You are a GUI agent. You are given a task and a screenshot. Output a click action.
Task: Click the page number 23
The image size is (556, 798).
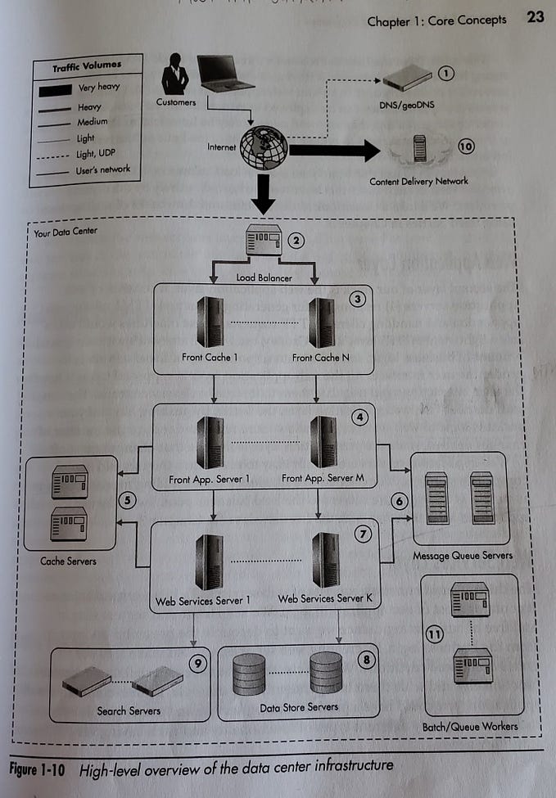point(535,17)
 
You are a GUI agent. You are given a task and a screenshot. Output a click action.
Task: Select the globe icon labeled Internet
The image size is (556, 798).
point(264,148)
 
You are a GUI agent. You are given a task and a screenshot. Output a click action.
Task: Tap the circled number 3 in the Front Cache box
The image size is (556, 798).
point(357,299)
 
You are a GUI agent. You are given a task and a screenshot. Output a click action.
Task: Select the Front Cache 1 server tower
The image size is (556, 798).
point(210,322)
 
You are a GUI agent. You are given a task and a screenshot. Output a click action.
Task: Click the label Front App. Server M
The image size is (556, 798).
point(323,479)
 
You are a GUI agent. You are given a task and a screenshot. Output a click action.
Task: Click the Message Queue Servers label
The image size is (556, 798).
point(463,556)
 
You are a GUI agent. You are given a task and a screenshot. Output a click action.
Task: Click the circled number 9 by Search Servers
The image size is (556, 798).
point(197,664)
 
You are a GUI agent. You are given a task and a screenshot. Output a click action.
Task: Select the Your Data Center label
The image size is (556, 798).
point(66,232)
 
